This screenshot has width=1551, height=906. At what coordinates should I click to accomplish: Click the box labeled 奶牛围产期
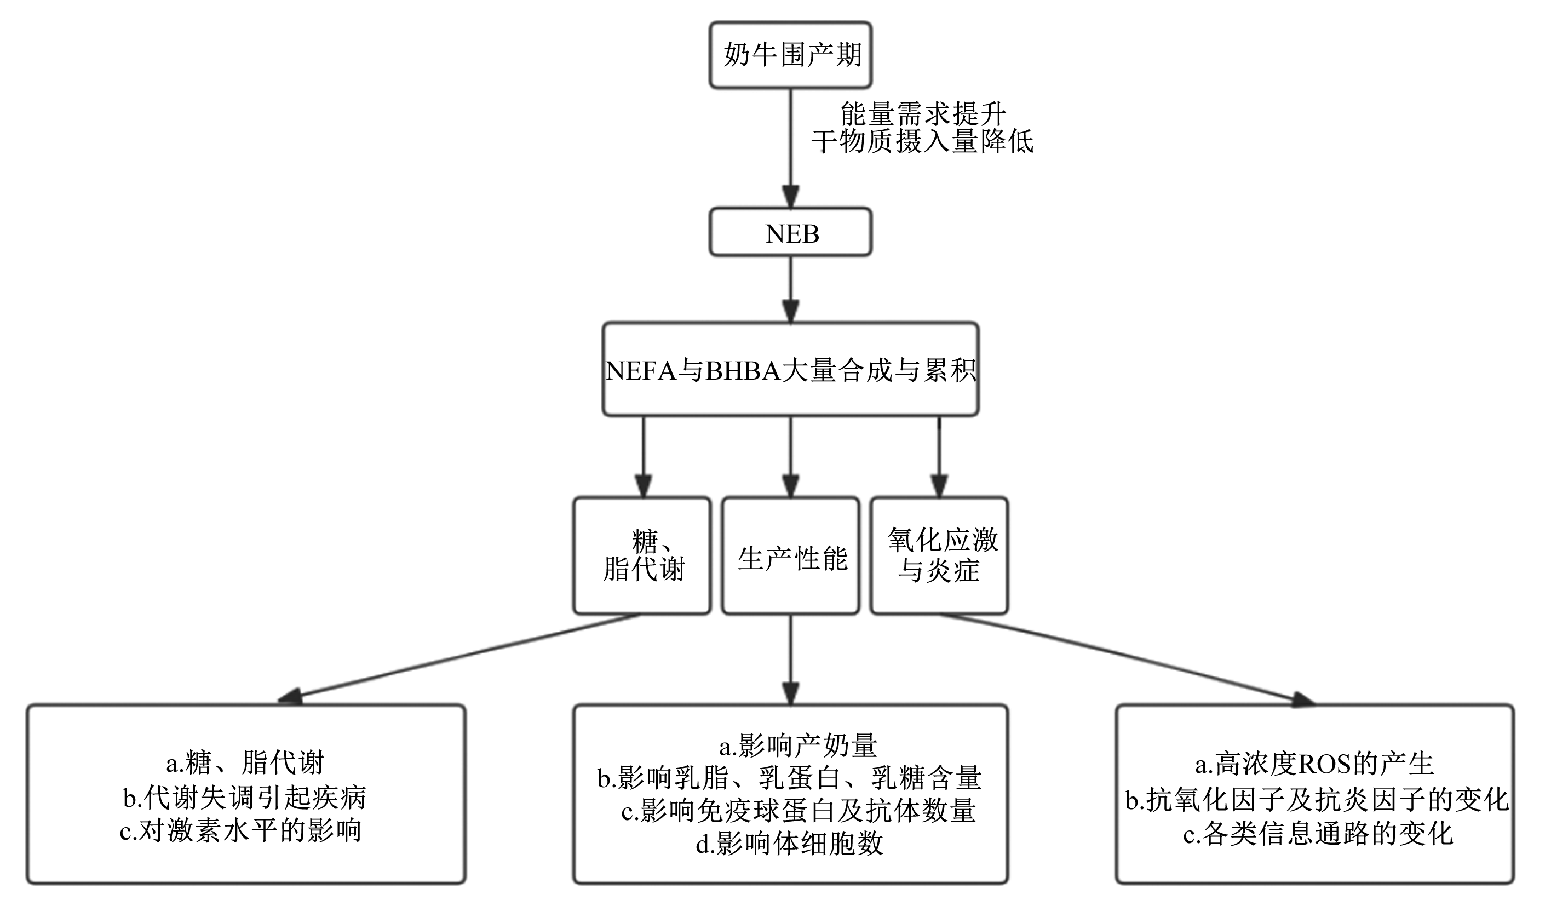[790, 55]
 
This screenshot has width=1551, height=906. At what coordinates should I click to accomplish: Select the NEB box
[790, 232]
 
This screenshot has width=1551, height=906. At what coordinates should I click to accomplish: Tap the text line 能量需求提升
[923, 114]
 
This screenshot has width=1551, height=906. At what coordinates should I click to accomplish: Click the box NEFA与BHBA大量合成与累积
[790, 369]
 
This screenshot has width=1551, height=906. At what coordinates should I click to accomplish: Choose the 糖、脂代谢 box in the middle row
[642, 556]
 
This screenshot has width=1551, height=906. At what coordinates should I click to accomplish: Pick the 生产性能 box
[790, 556]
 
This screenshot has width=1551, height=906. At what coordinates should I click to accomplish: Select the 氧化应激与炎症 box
[939, 556]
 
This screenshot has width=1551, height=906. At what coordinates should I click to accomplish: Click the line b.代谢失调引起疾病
[244, 798]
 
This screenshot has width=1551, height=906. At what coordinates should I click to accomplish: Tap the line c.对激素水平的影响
[240, 830]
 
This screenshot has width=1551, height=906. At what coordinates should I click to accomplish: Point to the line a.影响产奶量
[799, 746]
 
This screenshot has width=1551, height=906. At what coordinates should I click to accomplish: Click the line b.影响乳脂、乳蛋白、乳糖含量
[790, 778]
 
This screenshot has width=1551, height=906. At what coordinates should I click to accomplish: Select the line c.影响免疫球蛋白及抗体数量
[799, 811]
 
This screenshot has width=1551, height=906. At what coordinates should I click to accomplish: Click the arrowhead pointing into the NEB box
[790, 197]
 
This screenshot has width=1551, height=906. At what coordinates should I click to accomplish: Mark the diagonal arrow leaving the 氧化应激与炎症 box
[1127, 658]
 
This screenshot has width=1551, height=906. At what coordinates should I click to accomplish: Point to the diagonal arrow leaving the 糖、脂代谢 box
[458, 658]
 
